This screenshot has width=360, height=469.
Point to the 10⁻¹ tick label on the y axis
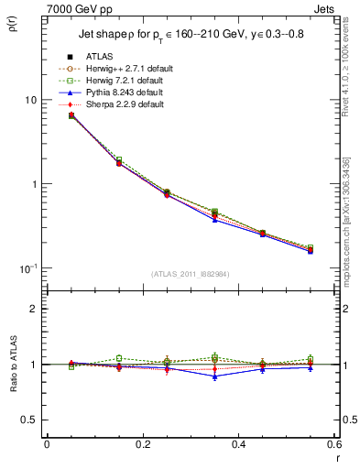point(28,267)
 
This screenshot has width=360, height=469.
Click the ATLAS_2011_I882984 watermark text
point(190,274)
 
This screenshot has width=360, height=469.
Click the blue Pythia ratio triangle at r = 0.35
point(214,376)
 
